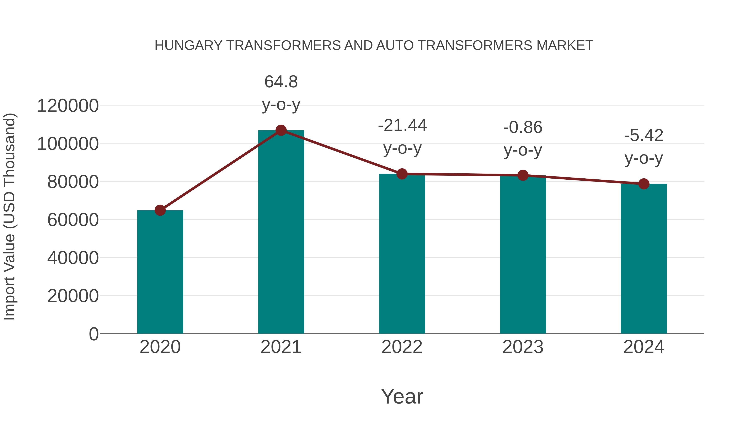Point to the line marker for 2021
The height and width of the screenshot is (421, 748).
[281, 130]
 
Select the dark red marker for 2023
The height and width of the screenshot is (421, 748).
[523, 175]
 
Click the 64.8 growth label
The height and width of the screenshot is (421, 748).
[281, 82]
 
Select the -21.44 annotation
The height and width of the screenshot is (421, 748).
[402, 126]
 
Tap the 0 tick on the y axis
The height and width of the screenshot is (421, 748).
[93, 334]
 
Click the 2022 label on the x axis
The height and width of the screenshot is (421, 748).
[402, 347]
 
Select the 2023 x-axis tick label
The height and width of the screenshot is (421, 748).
[523, 347]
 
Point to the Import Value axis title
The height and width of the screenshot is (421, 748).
[9, 216]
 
